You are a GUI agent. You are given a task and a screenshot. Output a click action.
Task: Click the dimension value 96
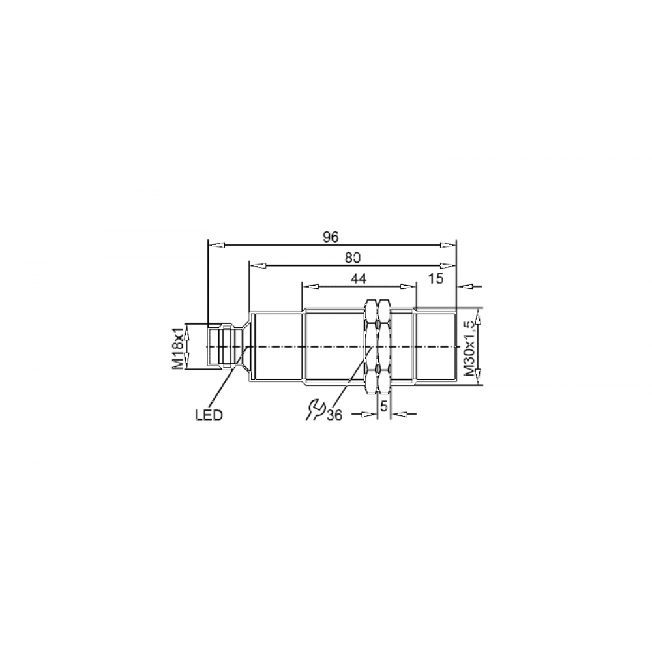point(331,237)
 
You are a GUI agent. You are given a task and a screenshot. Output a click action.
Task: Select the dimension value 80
point(352,258)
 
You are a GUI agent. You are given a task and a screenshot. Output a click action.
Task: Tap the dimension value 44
point(359,278)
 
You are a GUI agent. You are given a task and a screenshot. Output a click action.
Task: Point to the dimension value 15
point(436,278)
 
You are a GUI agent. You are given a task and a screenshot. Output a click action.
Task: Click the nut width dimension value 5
point(384,405)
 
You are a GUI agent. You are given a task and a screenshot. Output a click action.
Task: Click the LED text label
point(209,415)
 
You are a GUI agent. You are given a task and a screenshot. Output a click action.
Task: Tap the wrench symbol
point(314,409)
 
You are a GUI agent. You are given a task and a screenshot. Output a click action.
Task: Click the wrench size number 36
point(334,415)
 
